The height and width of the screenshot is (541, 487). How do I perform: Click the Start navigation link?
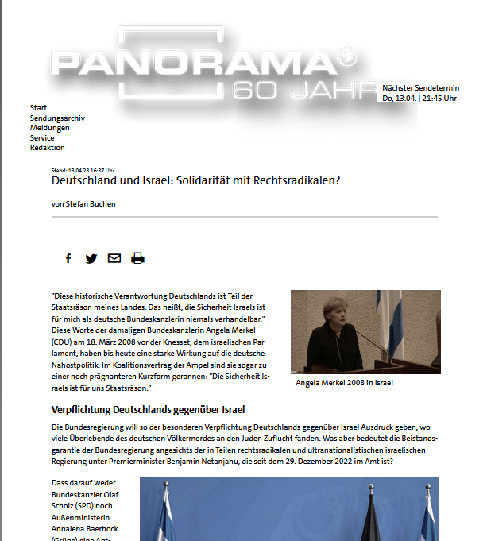(38, 108)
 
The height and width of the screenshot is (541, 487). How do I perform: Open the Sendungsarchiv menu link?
(57, 118)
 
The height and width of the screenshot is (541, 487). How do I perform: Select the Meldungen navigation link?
(49, 128)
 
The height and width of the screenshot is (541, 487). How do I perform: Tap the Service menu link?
(43, 138)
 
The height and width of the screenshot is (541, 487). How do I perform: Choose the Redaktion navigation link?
(48, 148)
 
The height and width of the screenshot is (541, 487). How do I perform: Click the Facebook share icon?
(68, 258)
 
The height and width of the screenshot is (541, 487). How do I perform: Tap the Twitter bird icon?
(91, 258)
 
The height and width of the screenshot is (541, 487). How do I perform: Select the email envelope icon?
(114, 258)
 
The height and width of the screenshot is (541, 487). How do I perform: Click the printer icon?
(137, 258)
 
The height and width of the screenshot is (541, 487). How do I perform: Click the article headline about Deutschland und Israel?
(195, 181)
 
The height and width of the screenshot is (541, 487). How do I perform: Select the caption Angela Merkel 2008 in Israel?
(344, 383)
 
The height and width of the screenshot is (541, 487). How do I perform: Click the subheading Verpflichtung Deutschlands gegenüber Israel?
(148, 410)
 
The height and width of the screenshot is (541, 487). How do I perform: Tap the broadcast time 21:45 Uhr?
(438, 99)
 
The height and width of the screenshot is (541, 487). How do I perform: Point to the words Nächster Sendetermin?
(419, 87)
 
